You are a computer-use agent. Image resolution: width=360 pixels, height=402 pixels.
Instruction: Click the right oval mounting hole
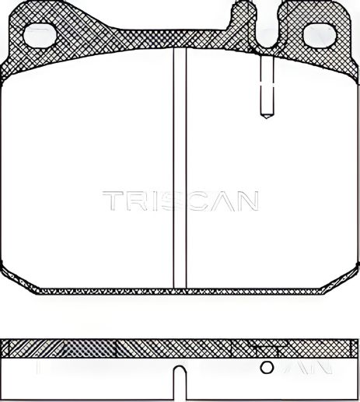(317, 35)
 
